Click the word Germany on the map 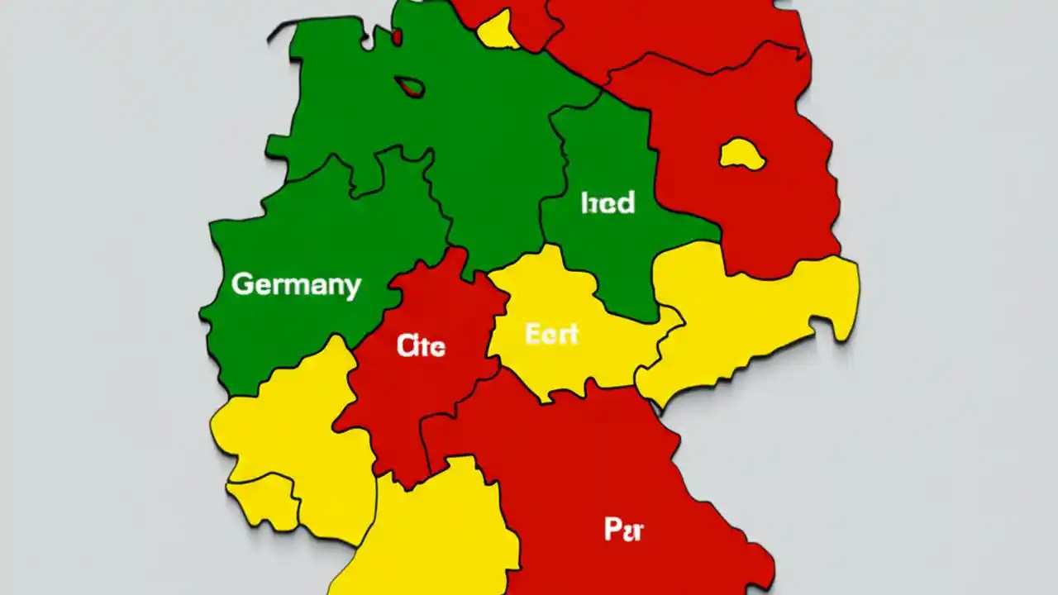(x=296, y=286)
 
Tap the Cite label (x=421, y=345)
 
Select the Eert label (x=551, y=335)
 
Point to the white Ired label (x=608, y=203)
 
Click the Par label (x=623, y=530)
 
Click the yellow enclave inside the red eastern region (x=741, y=155)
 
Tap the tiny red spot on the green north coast (x=397, y=36)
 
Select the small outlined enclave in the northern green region (x=409, y=85)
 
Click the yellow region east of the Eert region (x=744, y=314)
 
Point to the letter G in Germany (x=241, y=284)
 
